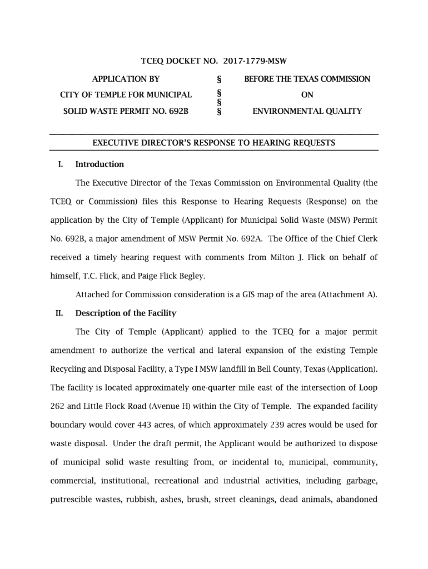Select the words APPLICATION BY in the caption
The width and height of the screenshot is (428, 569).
tap(126, 79)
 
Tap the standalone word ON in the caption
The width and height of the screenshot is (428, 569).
tap(307, 95)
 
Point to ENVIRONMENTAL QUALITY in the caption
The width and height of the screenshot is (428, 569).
tap(307, 111)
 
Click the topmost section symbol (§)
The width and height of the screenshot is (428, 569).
tap(219, 79)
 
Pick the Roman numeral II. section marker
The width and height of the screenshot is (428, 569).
tap(59, 313)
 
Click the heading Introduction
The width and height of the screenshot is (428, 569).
tap(99, 164)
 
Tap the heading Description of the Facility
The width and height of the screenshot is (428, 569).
tap(126, 313)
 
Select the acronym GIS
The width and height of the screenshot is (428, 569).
tap(248, 295)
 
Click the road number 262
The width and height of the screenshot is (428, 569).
tap(59, 406)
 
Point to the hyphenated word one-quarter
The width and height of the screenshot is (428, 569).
tap(200, 387)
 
